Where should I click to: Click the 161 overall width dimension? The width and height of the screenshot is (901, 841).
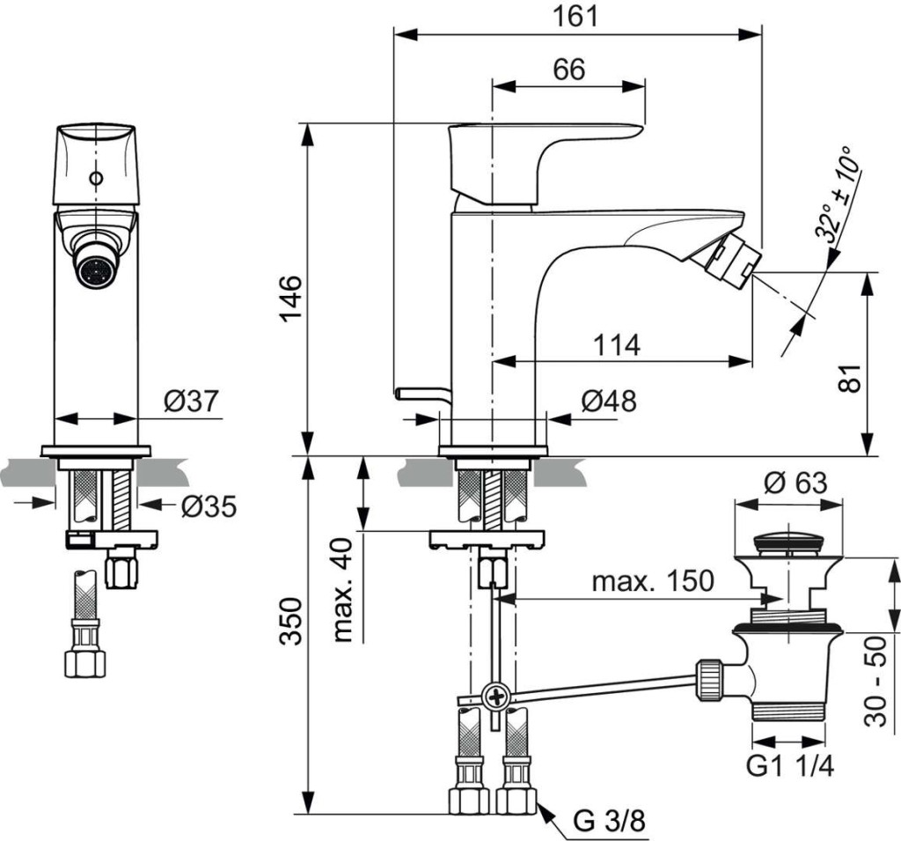click(x=577, y=16)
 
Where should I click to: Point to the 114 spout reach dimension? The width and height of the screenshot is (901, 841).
click(x=615, y=345)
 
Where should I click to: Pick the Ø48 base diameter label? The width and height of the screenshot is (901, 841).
click(x=608, y=402)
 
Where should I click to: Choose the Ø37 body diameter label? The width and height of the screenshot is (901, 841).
click(x=191, y=402)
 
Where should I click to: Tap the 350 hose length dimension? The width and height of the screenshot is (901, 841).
click(x=292, y=622)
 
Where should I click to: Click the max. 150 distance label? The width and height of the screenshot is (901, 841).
click(x=652, y=581)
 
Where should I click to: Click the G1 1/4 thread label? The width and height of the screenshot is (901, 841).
click(x=789, y=767)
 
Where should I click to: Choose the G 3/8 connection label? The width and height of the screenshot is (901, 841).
click(x=609, y=822)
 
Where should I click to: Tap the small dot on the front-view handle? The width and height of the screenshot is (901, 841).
click(x=93, y=181)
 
